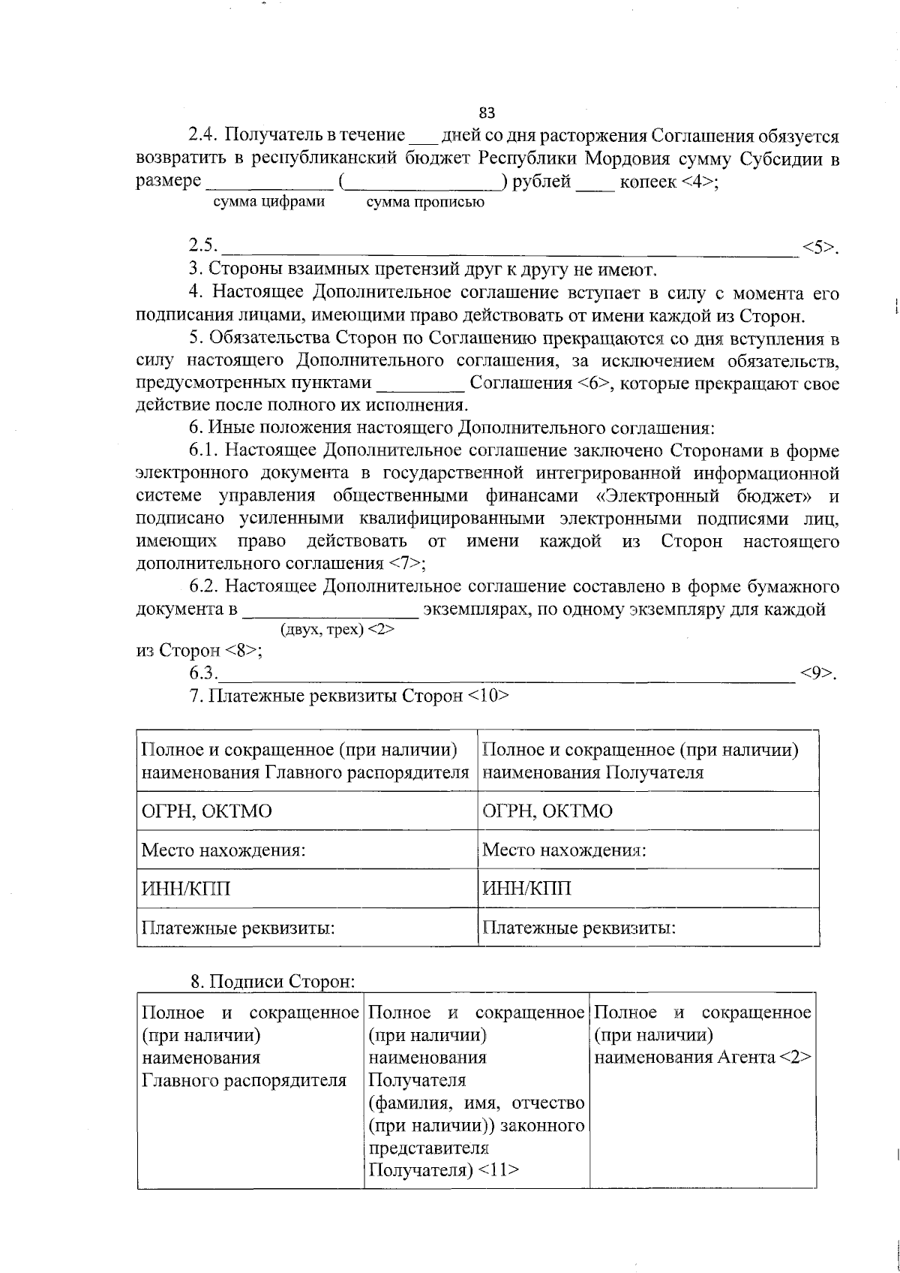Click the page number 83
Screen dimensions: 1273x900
487,113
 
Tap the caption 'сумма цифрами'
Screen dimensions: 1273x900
269,202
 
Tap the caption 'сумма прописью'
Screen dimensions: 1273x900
425,203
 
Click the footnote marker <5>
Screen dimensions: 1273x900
818,247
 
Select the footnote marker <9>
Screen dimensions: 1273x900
817,673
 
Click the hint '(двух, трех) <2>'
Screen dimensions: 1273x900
337,630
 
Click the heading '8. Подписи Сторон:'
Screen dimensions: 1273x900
271,981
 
